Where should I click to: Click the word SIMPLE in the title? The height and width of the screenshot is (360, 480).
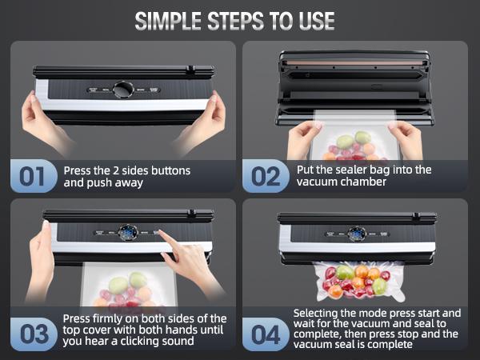pyautogui.click(x=168, y=21)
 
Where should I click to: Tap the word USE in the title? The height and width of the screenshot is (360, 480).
pyautogui.click(x=317, y=21)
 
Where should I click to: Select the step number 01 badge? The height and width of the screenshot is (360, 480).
pyautogui.click(x=34, y=176)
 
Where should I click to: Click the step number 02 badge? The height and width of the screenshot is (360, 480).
pyautogui.click(x=266, y=176)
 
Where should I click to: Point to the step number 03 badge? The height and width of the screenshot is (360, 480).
pyautogui.click(x=34, y=334)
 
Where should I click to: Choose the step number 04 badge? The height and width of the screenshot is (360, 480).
pyautogui.click(x=266, y=334)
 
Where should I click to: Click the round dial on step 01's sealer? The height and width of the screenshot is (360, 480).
pyautogui.click(x=123, y=90)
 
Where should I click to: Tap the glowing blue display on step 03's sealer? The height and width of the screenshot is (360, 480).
pyautogui.click(x=128, y=233)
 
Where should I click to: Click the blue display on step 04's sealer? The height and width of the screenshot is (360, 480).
pyautogui.click(x=357, y=234)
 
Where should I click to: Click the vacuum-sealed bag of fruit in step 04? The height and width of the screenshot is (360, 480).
pyautogui.click(x=358, y=281)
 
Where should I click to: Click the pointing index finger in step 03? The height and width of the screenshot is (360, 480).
pyautogui.click(x=167, y=238)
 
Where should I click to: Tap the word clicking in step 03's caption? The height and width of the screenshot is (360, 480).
pyautogui.click(x=142, y=341)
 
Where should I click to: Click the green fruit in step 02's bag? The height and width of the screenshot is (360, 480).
pyautogui.click(x=362, y=138)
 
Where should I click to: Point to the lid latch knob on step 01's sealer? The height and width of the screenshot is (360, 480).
pyautogui.click(x=190, y=69)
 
